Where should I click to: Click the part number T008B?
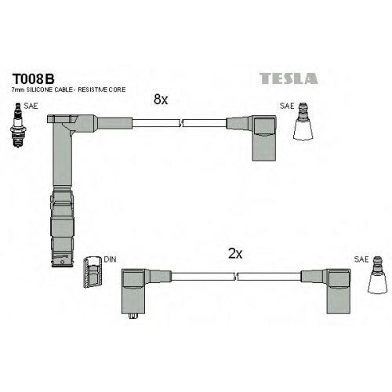pyautogui.click(x=33, y=78)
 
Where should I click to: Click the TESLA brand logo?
pyautogui.click(x=289, y=78)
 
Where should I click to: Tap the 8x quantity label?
pyautogui.click(x=161, y=100)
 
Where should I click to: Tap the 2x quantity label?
pyautogui.click(x=235, y=253)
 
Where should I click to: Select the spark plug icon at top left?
pyautogui.click(x=17, y=125)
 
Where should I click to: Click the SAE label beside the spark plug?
pyautogui.click(x=31, y=106)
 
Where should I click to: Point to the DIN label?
pyautogui.click(x=110, y=260)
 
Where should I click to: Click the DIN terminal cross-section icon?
pyautogui.click(x=93, y=272)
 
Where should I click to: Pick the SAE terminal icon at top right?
pyautogui.click(x=303, y=122)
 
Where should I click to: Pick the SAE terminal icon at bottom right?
pyautogui.click(x=378, y=275)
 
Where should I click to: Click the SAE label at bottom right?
pyautogui.click(x=361, y=260)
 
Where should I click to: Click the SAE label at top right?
pyautogui.click(x=287, y=106)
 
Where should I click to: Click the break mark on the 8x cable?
pyautogui.click(x=180, y=123)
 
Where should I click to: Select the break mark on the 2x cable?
pyautogui.click(x=236, y=277)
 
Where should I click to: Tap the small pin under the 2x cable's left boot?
pyautogui.click(x=133, y=316)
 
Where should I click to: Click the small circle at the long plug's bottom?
pyautogui.click(x=62, y=262)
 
